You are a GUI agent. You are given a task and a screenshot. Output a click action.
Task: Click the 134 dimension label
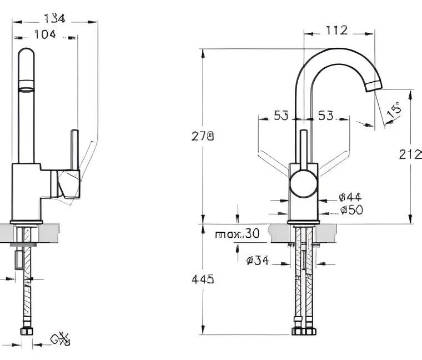(x=54, y=18)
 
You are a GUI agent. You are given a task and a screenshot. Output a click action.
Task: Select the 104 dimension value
(x=45, y=34)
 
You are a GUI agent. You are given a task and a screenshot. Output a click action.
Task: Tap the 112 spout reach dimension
(x=336, y=30)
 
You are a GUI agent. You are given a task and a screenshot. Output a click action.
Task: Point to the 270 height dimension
(x=203, y=136)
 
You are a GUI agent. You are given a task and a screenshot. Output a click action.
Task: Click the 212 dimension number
(x=410, y=154)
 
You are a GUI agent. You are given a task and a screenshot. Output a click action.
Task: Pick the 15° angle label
(x=394, y=110)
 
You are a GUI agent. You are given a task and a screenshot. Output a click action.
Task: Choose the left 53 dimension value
(x=281, y=116)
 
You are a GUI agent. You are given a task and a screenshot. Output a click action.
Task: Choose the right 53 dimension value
(x=326, y=116)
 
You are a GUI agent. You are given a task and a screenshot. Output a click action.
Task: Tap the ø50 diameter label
(x=351, y=209)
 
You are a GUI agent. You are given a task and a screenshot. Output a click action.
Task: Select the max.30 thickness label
(x=237, y=234)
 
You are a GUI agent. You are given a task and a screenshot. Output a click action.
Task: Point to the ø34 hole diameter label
(x=257, y=259)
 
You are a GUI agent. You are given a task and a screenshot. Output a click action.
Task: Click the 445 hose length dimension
(x=203, y=279)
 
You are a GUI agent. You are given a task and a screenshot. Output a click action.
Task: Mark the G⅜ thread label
(x=60, y=339)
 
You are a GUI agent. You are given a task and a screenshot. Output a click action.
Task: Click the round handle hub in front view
(x=303, y=184)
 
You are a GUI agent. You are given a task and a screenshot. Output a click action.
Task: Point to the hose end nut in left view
(x=26, y=332)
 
